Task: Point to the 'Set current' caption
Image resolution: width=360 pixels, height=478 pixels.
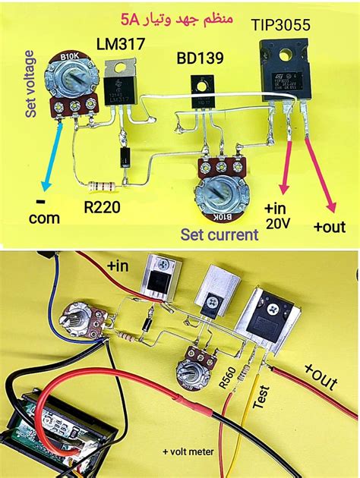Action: click(x=219, y=235)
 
